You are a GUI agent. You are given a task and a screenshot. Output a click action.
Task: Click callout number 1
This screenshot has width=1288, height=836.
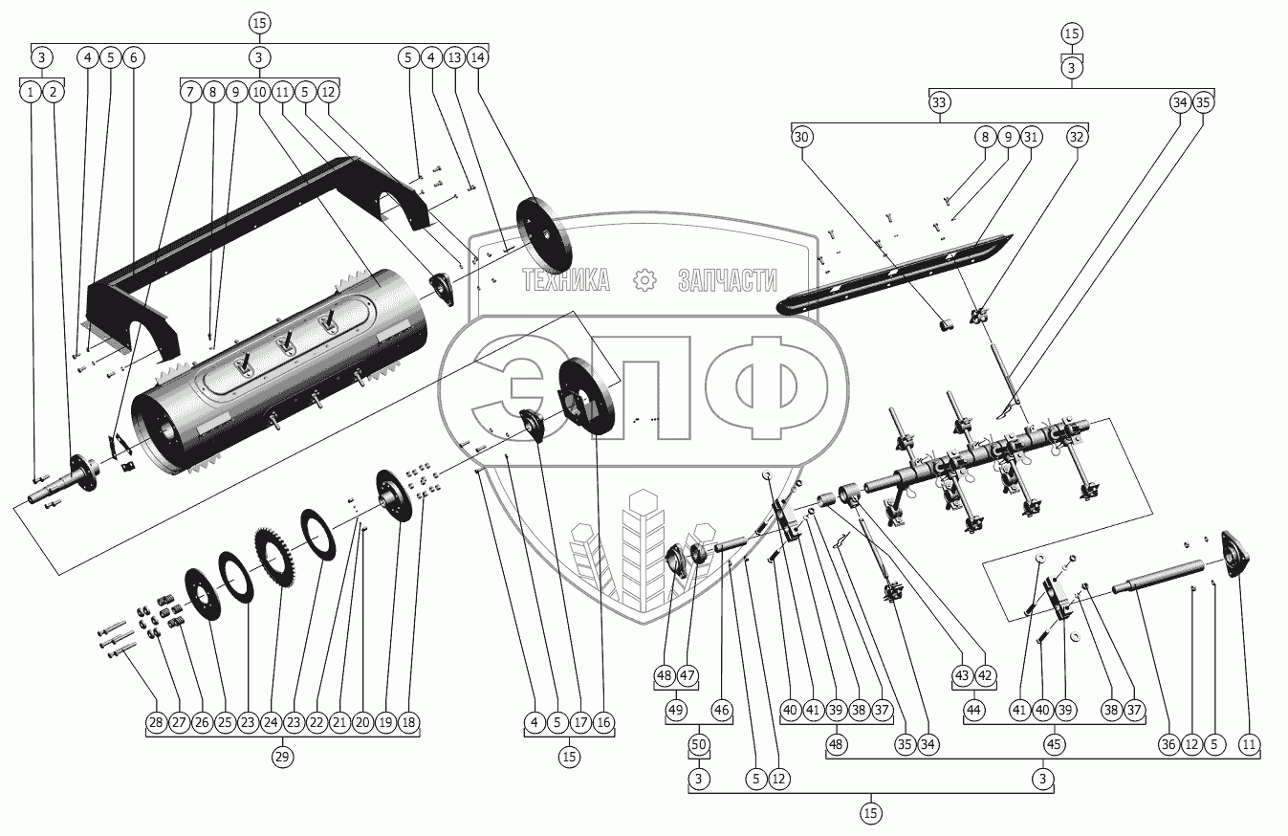32,92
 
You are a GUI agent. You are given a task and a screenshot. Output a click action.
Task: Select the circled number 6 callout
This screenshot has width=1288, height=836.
133,58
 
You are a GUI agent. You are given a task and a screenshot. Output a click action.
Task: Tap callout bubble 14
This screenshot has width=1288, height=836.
477,58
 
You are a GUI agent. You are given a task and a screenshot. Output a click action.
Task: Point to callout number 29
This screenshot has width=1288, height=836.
281,756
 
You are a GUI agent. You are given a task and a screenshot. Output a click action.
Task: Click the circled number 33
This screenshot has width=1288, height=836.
939,103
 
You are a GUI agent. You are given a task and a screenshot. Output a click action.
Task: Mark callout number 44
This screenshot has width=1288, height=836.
974,711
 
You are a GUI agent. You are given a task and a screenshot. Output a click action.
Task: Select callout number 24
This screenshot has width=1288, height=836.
271,722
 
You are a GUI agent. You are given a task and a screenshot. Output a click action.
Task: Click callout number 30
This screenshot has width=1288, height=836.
801,137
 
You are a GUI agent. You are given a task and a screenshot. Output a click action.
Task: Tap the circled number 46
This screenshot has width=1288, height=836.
722,711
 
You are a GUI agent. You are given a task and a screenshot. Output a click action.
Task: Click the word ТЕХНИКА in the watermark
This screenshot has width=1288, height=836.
565,280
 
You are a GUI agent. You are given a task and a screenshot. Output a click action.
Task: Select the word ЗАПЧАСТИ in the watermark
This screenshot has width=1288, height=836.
727,280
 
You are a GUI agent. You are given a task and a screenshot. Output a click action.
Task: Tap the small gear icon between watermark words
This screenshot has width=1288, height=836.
645,280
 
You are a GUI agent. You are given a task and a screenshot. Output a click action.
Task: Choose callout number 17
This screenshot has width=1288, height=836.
579,722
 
